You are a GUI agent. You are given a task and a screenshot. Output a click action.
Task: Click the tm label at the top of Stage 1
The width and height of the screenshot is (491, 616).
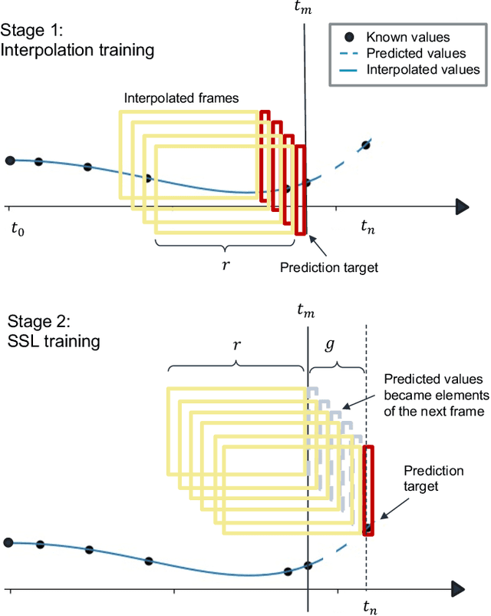(x=305, y=9)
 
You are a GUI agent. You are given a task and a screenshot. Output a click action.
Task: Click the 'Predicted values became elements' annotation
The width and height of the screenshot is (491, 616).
(x=435, y=395)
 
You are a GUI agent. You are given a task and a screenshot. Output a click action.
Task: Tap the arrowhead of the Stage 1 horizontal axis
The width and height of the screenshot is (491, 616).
(x=461, y=206)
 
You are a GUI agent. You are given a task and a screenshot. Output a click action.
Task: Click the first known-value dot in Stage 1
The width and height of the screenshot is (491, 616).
(x=10, y=160)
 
